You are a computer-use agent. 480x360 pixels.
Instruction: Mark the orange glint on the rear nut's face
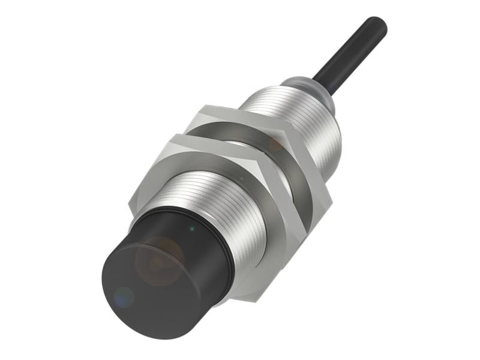coord(275,144)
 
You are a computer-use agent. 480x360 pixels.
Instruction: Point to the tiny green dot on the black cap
coord(191,228)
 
